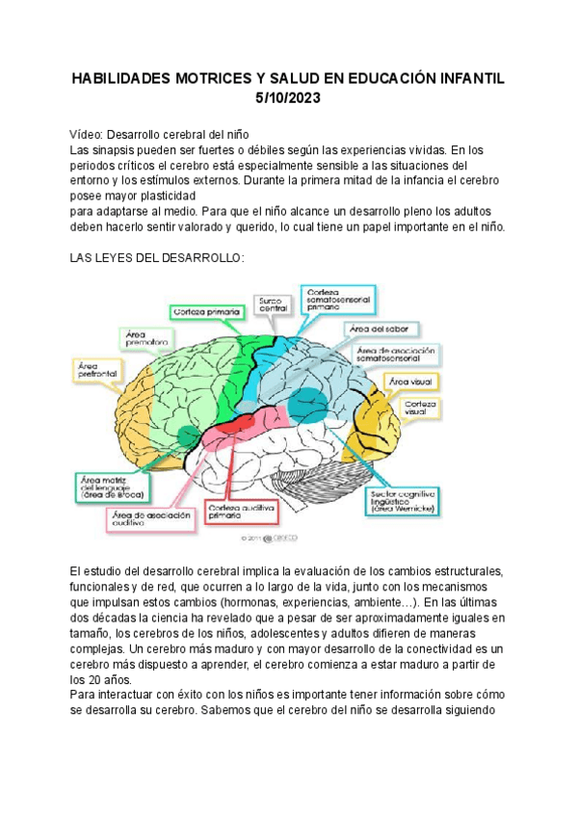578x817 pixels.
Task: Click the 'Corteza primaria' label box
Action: [207, 312]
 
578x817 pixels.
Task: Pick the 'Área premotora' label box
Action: [146, 338]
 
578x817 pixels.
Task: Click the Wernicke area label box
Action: [407, 501]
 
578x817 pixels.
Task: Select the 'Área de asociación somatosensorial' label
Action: [397, 355]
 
